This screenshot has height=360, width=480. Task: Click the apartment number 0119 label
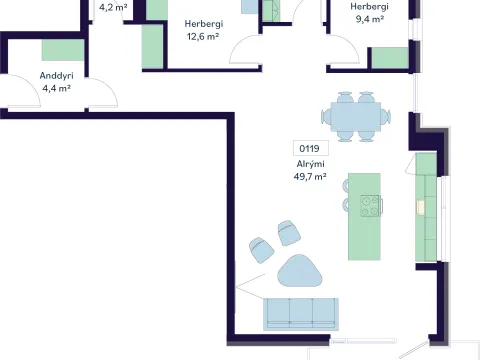(310, 148)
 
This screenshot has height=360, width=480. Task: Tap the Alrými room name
(311, 164)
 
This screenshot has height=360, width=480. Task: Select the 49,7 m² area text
(310, 177)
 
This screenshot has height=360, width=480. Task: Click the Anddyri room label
(56, 76)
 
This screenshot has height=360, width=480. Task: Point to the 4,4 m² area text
(56, 89)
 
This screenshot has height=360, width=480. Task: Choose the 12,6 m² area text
(203, 37)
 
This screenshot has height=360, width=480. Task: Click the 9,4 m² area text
(369, 19)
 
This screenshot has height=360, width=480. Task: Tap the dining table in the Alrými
(356, 117)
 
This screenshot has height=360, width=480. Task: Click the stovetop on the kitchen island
(370, 206)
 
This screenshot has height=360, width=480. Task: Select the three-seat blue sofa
(301, 314)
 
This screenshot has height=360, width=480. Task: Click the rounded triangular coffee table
(300, 271)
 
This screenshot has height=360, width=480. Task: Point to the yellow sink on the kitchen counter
(421, 207)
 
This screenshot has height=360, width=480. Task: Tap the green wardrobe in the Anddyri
(63, 50)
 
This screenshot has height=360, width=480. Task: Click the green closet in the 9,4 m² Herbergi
(390, 58)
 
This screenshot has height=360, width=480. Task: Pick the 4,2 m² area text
(113, 7)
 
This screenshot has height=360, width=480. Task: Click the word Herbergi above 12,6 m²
(204, 24)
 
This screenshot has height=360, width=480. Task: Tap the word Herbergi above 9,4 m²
(369, 6)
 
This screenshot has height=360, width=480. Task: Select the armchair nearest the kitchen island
(289, 233)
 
